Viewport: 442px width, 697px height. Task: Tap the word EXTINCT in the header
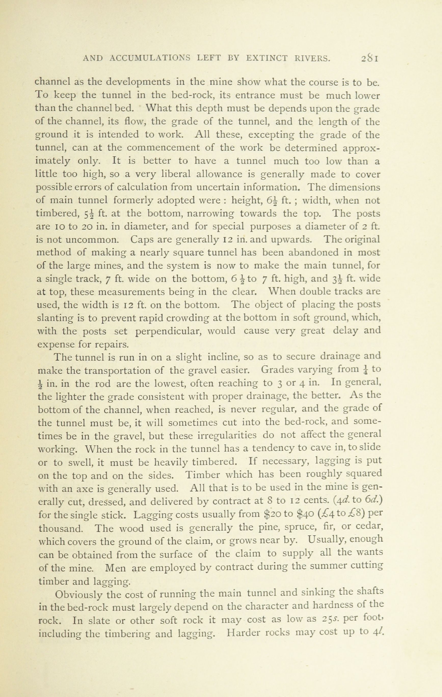click(x=267, y=58)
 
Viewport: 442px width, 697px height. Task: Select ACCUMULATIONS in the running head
click(x=150, y=58)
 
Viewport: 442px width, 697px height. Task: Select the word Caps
click(x=141, y=240)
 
